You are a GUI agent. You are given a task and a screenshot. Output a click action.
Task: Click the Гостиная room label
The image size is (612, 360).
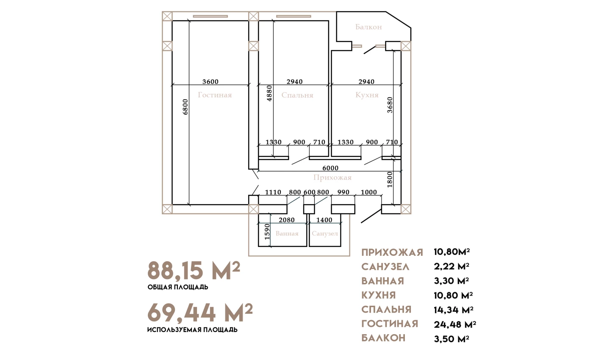(215, 95)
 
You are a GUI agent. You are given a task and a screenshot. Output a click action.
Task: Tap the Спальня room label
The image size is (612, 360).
(297, 95)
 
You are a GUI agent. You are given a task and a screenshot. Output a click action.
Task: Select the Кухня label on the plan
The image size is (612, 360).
(367, 95)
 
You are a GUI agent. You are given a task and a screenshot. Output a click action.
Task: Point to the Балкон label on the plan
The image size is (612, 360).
(368, 27)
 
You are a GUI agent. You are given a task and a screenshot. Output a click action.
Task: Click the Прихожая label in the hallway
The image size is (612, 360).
(332, 177)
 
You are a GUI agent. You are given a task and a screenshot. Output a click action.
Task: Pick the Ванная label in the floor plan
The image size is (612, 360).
(287, 233)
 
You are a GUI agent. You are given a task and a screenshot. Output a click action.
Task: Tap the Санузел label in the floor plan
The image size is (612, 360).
(325, 233)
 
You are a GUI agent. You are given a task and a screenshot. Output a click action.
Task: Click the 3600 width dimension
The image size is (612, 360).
(210, 82)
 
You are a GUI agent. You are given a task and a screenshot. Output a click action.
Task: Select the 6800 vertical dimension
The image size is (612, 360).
(185, 107)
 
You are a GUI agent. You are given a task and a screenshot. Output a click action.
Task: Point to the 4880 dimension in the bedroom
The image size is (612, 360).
(269, 94)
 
